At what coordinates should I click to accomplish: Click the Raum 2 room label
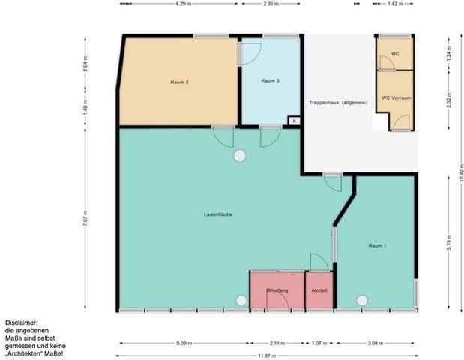(x=178, y=81)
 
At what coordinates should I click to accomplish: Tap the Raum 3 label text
(x=270, y=81)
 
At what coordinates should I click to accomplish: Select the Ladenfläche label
(x=217, y=215)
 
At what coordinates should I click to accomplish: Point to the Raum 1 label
(x=377, y=245)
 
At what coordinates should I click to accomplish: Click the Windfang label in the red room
(x=277, y=290)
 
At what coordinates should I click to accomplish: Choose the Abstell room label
(x=319, y=290)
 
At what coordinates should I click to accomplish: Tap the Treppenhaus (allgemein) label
(x=338, y=102)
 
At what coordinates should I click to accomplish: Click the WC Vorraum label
(x=394, y=97)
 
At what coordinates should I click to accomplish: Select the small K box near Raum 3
(x=294, y=120)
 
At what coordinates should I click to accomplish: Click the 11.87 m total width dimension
(x=268, y=355)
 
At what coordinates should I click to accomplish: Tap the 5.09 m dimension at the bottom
(x=184, y=343)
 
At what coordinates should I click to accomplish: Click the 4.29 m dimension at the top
(x=181, y=4)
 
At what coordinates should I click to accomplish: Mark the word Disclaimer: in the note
(x=20, y=322)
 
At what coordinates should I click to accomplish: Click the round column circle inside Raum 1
(x=362, y=300)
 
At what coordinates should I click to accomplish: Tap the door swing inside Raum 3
(x=249, y=53)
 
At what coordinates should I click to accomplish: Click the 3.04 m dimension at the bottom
(x=373, y=343)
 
